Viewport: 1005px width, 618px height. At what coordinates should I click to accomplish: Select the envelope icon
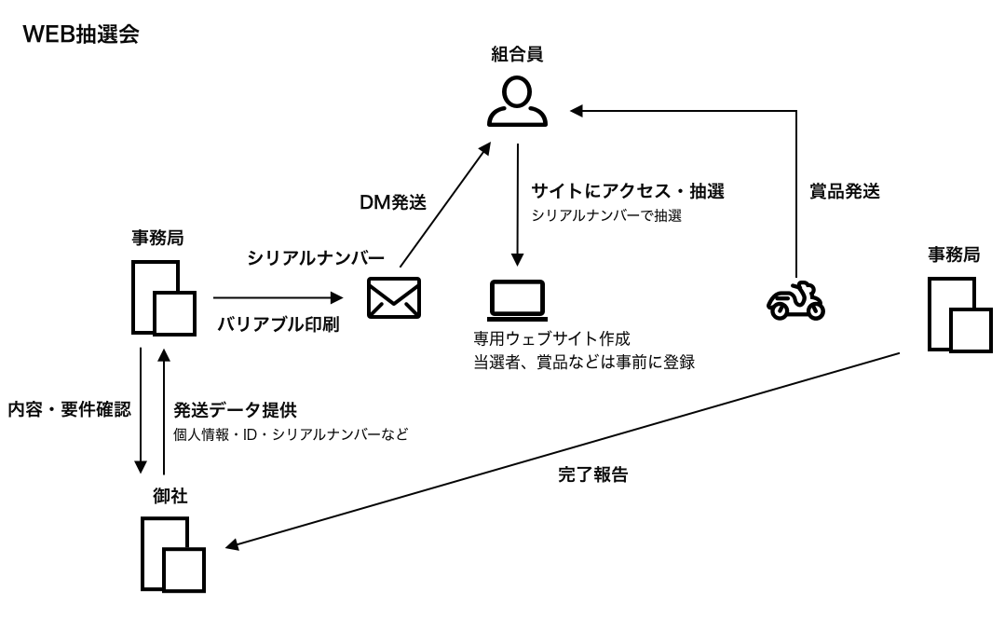[393, 298]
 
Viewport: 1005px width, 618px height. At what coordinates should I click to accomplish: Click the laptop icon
[517, 299]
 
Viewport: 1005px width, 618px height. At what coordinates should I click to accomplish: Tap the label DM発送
[393, 203]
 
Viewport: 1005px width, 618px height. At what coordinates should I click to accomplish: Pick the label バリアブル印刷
[278, 325]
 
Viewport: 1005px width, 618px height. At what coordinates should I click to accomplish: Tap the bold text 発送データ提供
[235, 408]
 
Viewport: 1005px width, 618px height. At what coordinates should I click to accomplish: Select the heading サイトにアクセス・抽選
[628, 192]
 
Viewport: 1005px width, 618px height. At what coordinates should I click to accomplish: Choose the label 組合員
[517, 55]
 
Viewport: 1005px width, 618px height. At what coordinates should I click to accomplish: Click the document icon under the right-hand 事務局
[960, 314]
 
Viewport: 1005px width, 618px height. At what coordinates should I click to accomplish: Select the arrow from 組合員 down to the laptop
[517, 205]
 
